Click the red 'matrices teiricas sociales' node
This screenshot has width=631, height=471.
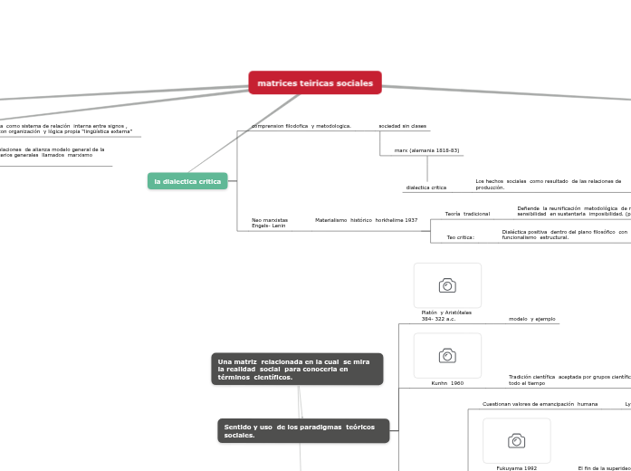tap(315, 83)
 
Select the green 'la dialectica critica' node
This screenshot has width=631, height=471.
tap(187, 181)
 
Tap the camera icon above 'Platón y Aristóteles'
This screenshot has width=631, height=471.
tap(447, 285)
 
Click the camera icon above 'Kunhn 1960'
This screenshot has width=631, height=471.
tap(447, 355)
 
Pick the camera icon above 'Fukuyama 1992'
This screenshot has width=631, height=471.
tap(516, 440)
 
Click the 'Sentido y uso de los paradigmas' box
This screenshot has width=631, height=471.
tap(303, 431)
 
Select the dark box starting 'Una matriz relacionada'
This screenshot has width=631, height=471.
tap(297, 370)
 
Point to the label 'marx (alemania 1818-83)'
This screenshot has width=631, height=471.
tap(426, 150)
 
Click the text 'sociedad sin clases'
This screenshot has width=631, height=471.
tap(402, 126)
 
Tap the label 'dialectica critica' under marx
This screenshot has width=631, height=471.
tap(425, 187)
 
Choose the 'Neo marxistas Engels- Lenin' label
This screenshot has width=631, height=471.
tap(270, 223)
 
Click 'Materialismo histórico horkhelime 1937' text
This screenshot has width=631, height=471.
tap(366, 220)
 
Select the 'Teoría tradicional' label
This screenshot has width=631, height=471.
tap(467, 214)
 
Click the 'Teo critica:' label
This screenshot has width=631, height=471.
tap(460, 237)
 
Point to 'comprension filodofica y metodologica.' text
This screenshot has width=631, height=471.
tap(301, 126)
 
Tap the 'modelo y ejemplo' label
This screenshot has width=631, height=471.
tap(531, 319)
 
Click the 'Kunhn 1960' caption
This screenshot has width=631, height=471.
tap(447, 383)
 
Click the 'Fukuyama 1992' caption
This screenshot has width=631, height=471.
tap(516, 468)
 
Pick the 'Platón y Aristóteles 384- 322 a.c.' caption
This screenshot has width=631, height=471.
tap(446, 315)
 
